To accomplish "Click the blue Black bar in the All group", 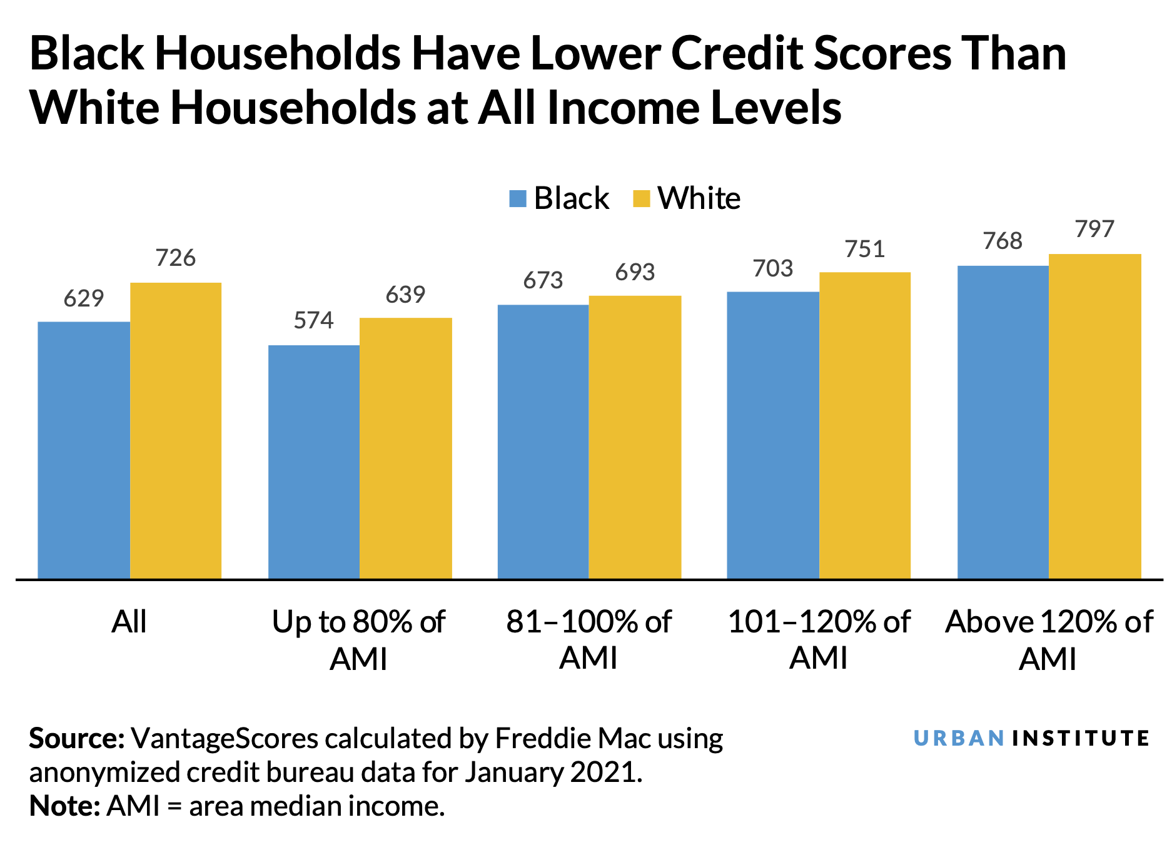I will (x=84, y=450).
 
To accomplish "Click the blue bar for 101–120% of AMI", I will (x=773, y=435).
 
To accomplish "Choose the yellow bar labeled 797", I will (x=1095, y=416).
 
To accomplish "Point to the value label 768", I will (x=1003, y=241).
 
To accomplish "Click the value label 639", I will (x=405, y=295).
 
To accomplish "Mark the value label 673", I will (x=543, y=280).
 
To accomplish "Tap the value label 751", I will (x=865, y=249).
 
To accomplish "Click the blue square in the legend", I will (x=518, y=198).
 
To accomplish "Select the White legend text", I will (x=699, y=198).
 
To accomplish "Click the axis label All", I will (x=129, y=622).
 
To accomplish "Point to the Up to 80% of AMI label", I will (x=358, y=639).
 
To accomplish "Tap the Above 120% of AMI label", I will (x=1049, y=639).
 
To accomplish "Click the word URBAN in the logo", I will (x=959, y=738).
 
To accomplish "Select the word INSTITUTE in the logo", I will (x=1080, y=738).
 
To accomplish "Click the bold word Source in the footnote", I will (x=76, y=739).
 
